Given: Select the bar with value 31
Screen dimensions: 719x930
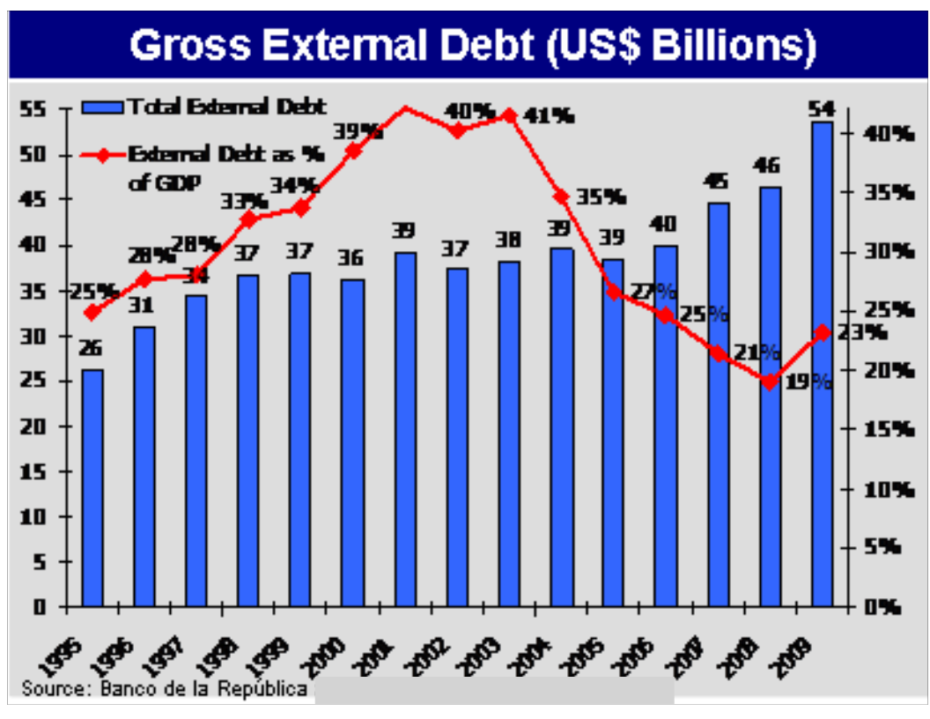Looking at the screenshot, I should [144, 466].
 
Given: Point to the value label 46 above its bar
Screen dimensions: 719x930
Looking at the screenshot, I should [769, 166].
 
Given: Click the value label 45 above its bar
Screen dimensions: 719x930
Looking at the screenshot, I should [716, 181].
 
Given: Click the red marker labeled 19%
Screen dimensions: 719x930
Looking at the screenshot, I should [770, 382].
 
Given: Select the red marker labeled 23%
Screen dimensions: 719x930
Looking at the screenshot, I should [822, 332].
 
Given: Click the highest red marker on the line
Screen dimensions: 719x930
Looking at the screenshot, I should [405, 108].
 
